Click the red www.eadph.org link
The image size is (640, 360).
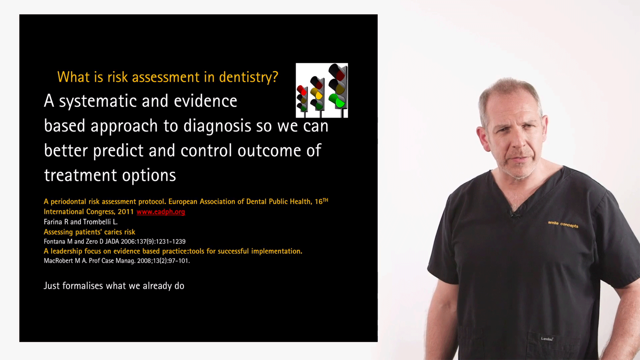(161, 212)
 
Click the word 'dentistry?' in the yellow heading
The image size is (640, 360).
(249, 77)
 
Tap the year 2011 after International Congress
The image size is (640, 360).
(126, 212)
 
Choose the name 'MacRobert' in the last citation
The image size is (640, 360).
(58, 261)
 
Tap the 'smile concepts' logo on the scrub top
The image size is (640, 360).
(563, 224)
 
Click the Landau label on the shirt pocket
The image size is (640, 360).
(547, 339)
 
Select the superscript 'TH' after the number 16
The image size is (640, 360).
(325, 200)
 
